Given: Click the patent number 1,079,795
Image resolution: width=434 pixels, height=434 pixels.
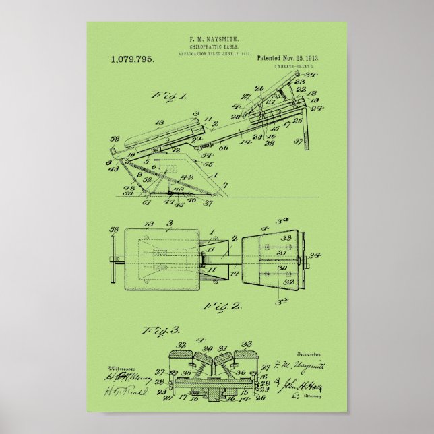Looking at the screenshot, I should pos(131,60).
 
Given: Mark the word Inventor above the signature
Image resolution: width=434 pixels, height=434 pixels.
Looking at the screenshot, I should pos(307,352).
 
